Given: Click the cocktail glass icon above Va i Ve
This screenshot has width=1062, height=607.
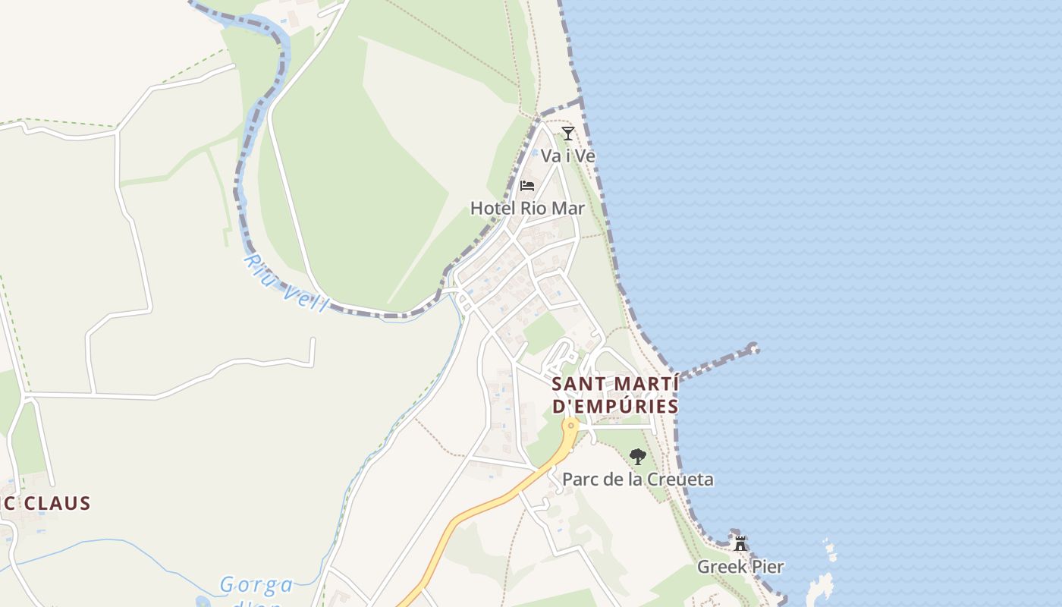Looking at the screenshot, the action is pos(567,134).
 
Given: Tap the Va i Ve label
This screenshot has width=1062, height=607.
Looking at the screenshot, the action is pos(567,156).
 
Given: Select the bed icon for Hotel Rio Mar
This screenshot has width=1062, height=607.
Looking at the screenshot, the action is pos(527,185).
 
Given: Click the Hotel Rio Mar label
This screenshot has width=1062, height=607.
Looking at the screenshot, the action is pos(527,207).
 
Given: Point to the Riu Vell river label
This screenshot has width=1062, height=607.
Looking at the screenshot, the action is pos(285,284).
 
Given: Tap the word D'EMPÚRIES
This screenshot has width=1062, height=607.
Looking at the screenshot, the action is pos(615,407).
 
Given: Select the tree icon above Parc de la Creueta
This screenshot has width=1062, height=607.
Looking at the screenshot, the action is pos(638,456).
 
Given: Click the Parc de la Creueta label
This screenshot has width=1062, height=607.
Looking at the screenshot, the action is pos(637,480).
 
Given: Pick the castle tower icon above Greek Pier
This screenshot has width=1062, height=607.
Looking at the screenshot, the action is pos(740,543).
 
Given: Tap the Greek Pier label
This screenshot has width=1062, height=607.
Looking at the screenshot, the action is pos(740,567).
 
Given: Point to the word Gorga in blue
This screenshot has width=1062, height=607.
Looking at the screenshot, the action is pos(256,585).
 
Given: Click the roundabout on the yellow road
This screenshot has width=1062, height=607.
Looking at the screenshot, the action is pos(570,426).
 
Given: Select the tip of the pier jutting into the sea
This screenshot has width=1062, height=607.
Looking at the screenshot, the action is pos(753,348).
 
